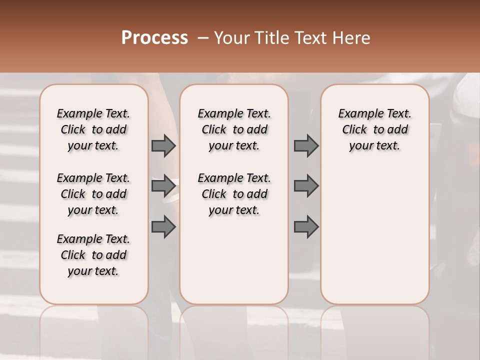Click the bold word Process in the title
pos(154,38)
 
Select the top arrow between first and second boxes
pos(163,145)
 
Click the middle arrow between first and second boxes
pos(163,186)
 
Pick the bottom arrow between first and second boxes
pos(163,227)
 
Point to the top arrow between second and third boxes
pos(306,145)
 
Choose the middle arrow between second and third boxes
pos(306,186)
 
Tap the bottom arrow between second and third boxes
pos(306,227)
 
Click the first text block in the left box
pos(93,129)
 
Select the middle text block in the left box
pos(93,194)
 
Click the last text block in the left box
pos(93,255)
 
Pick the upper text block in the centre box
pos(234,129)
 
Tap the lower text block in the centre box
pos(234,194)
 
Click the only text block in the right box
pos(374,129)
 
